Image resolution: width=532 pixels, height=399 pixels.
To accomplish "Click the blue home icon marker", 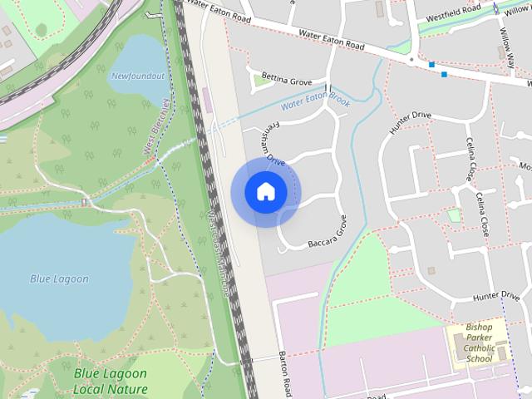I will pyautogui.click(x=265, y=192).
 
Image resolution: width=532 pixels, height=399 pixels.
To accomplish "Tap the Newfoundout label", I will pyautogui.click(x=137, y=76).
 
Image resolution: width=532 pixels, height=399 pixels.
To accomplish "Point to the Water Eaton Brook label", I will pyautogui.click(x=315, y=102).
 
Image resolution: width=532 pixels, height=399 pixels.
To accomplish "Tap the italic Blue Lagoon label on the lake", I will pyautogui.click(x=59, y=279).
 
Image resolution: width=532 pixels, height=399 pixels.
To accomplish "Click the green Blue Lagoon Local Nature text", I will pyautogui.click(x=110, y=382).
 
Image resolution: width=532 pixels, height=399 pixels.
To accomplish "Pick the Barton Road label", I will pyautogui.click(x=284, y=373).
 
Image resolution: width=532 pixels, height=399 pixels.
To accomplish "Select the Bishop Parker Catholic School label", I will pyautogui.click(x=479, y=342).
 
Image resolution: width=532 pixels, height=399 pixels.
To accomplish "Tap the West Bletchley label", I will pyautogui.click(x=155, y=128).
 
